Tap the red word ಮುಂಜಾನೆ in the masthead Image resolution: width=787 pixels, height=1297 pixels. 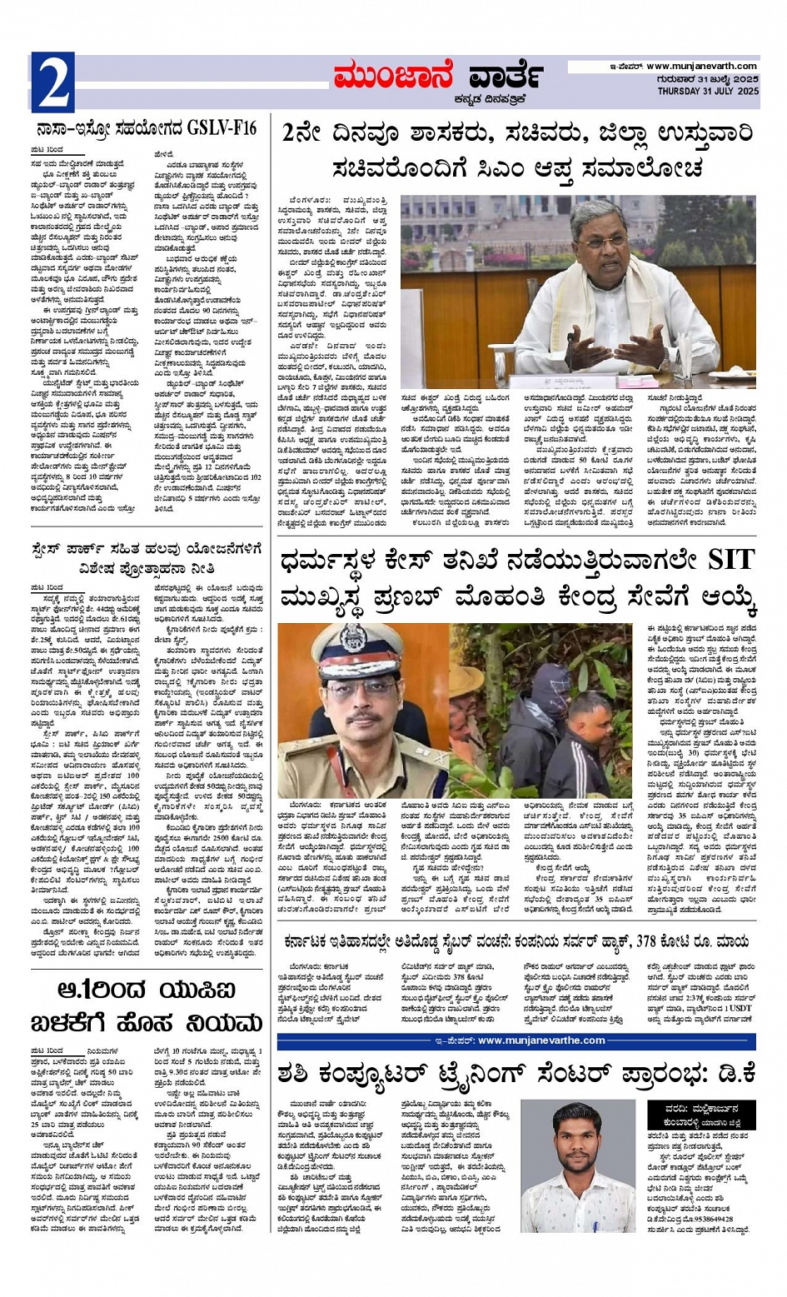point(396,75)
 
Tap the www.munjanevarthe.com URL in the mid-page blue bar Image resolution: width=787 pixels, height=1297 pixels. point(541,1040)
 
